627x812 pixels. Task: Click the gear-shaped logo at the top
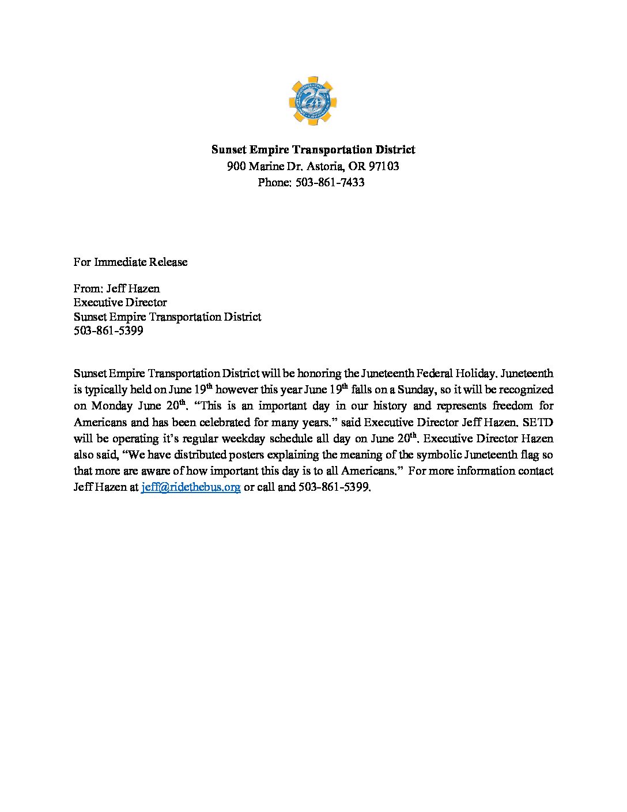coord(312,101)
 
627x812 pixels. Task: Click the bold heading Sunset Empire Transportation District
coord(313,150)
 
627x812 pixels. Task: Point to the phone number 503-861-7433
coord(330,183)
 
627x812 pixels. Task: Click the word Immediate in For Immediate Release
coord(120,262)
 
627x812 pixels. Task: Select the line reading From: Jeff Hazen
coord(116,288)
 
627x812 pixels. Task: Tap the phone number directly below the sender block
coord(108,331)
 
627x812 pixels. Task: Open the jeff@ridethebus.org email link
coord(191,487)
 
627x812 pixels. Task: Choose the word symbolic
coord(438,455)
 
